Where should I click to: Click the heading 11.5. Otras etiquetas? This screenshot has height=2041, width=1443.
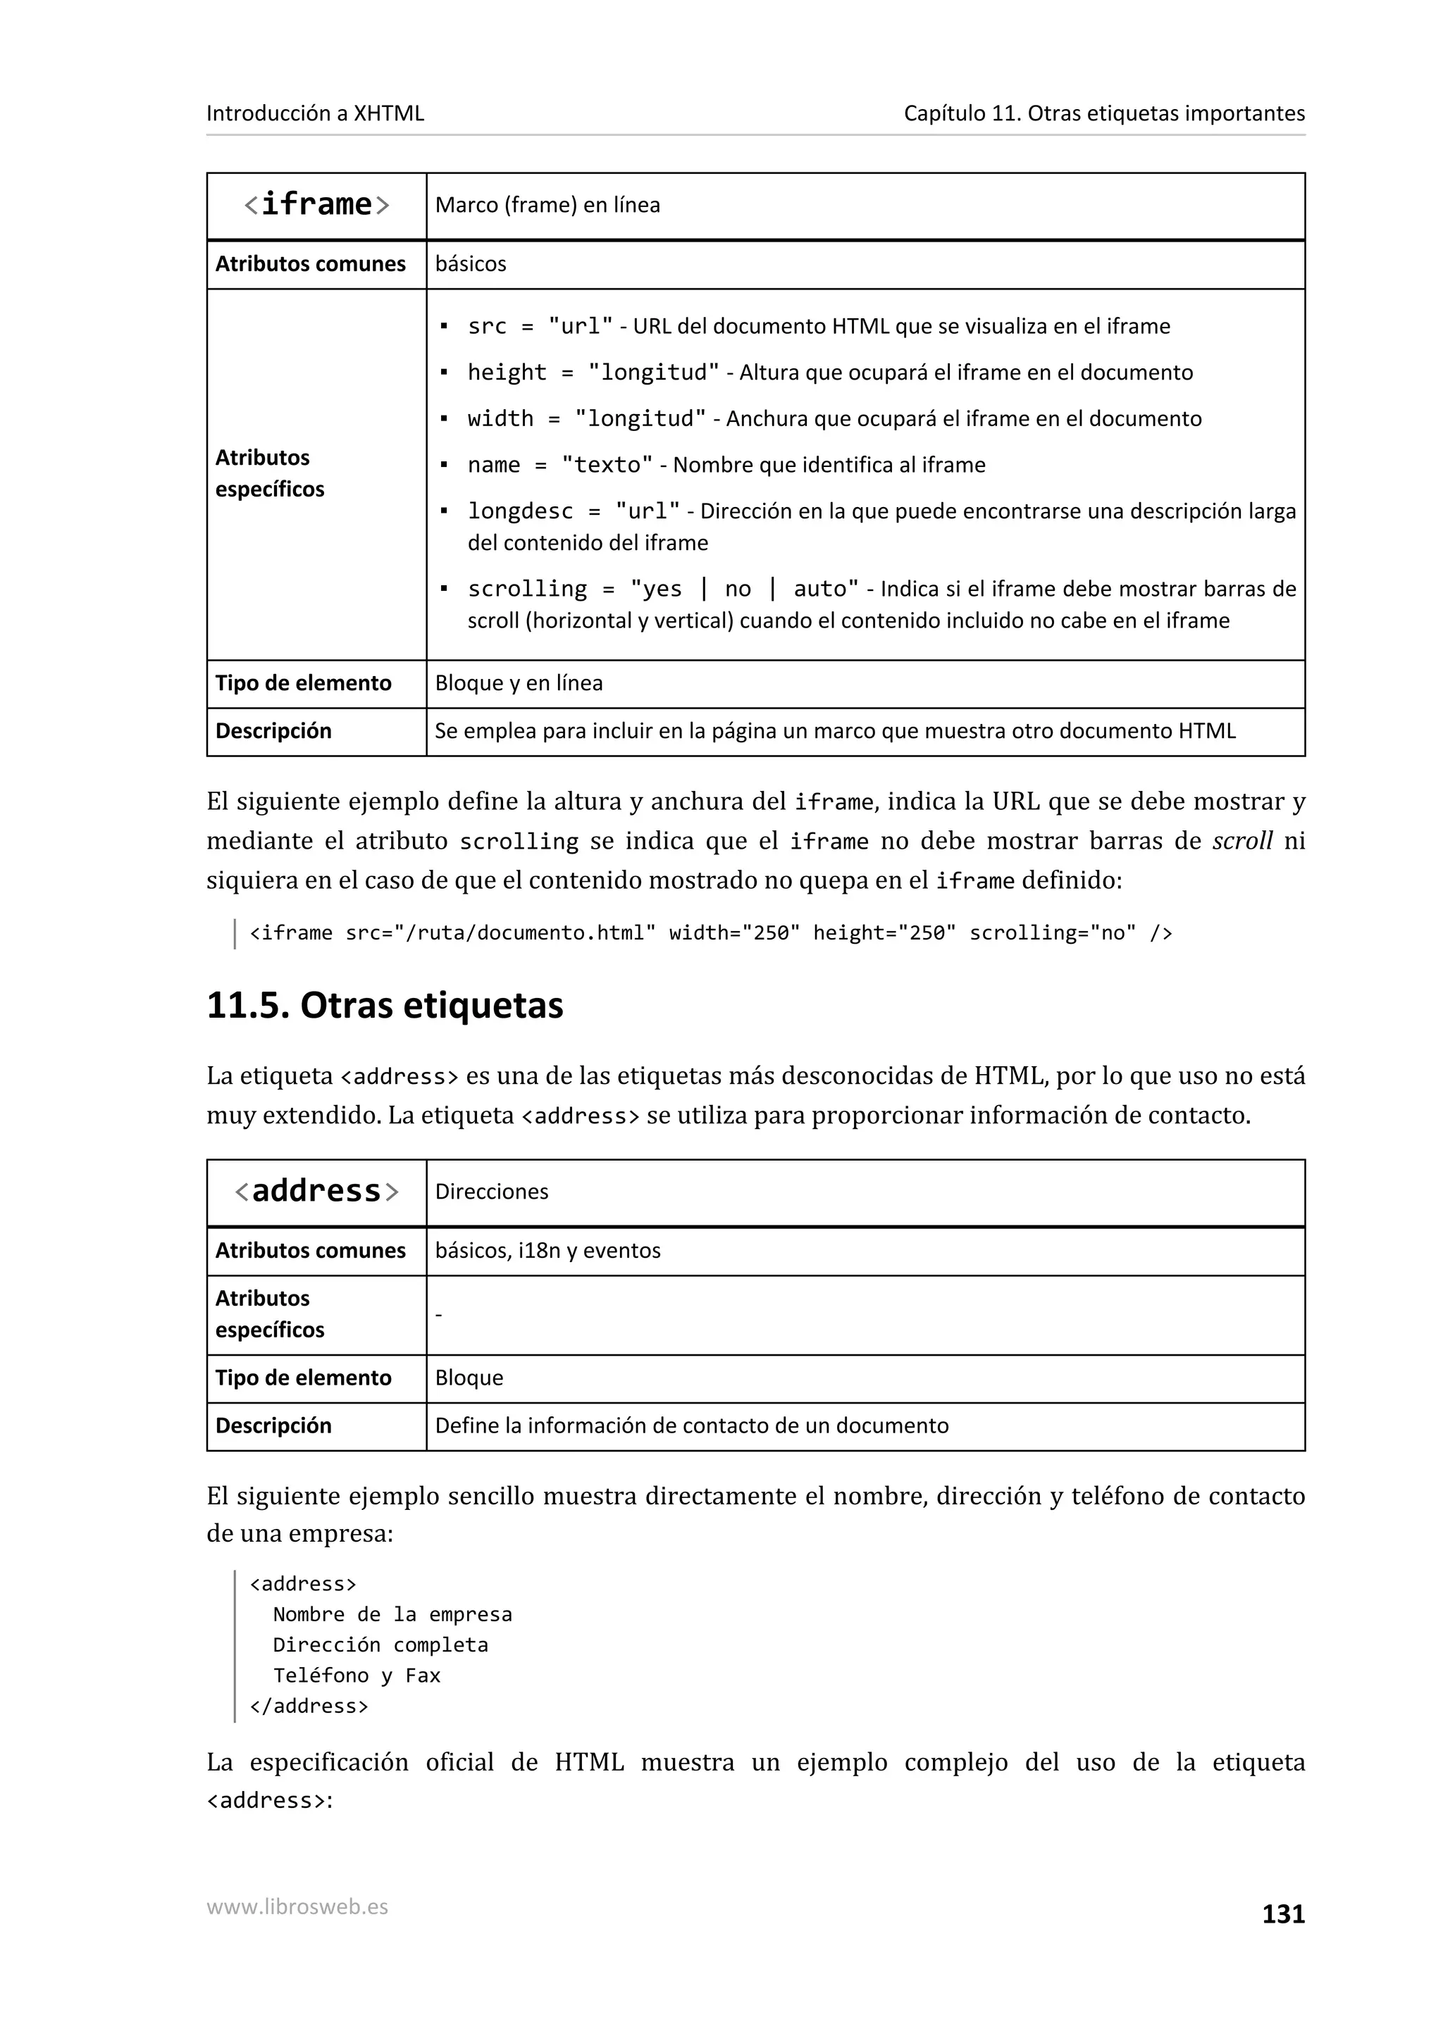tap(384, 1006)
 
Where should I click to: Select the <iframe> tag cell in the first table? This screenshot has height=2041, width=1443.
tap(316, 206)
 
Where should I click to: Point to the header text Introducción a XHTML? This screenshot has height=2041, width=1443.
tap(315, 114)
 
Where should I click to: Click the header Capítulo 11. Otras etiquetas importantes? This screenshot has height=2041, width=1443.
tap(1103, 114)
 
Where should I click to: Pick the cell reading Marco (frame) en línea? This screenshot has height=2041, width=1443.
tap(547, 206)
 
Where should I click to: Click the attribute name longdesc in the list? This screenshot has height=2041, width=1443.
tap(520, 511)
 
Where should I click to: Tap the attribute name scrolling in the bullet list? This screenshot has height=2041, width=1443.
tap(527, 589)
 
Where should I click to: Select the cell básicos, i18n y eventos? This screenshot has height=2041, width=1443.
tap(547, 1250)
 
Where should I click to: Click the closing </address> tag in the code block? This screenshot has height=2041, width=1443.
tap(309, 1706)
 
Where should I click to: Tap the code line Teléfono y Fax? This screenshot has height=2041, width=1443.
tap(357, 1675)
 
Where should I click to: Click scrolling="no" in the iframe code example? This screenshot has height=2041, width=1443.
tap(1052, 932)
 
